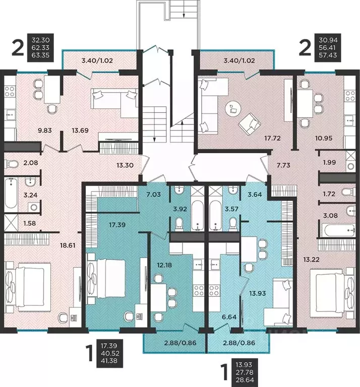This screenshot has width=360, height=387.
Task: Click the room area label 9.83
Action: (45, 130)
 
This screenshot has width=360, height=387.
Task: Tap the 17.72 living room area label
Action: (273, 138)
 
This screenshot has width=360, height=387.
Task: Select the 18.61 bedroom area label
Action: (68, 245)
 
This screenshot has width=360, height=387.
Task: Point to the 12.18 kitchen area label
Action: (164, 265)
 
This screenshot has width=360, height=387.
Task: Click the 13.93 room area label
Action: (258, 293)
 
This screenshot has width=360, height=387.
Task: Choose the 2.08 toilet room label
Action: (31, 163)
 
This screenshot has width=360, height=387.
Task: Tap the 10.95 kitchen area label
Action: (324, 138)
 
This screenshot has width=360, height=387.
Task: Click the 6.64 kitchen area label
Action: (229, 317)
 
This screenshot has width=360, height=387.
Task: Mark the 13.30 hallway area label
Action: (125, 165)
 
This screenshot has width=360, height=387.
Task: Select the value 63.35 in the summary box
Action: (40, 55)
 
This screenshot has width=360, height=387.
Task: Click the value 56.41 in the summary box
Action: (328, 47)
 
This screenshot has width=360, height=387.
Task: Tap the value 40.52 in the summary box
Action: (110, 353)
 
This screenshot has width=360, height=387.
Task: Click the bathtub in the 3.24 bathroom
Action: (11, 193)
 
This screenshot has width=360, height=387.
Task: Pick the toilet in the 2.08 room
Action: (12, 164)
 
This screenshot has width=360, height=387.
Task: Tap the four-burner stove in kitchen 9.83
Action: (10, 91)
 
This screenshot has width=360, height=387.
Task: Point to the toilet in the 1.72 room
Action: (348, 192)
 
